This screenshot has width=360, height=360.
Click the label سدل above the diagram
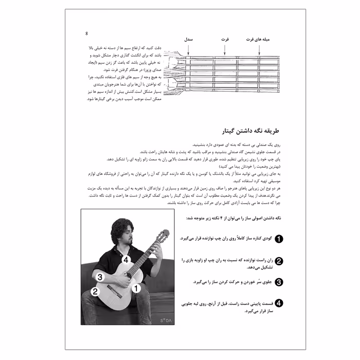click(x=189, y=40)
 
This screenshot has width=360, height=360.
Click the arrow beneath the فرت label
click(x=227, y=50)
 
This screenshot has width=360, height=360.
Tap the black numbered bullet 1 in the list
click(x=279, y=239)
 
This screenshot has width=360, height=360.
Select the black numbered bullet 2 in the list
click(x=279, y=261)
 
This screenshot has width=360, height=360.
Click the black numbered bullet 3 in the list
click(x=279, y=282)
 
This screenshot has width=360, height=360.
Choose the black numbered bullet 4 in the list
click(x=279, y=303)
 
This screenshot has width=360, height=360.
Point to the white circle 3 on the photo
click(x=101, y=277)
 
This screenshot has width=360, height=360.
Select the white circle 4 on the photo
click(x=126, y=260)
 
